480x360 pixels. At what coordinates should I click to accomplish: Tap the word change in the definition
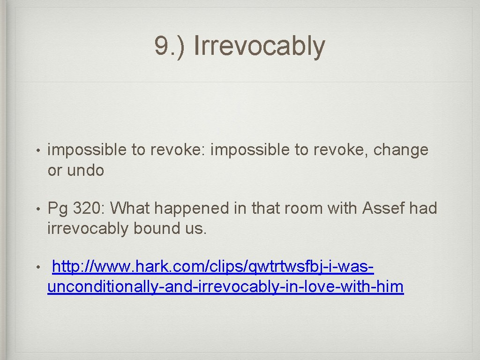(x=401, y=150)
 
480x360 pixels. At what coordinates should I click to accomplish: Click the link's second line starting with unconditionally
(x=225, y=287)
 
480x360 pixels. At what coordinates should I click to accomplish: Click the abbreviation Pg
(x=58, y=208)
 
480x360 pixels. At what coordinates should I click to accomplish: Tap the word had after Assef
(x=423, y=208)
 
